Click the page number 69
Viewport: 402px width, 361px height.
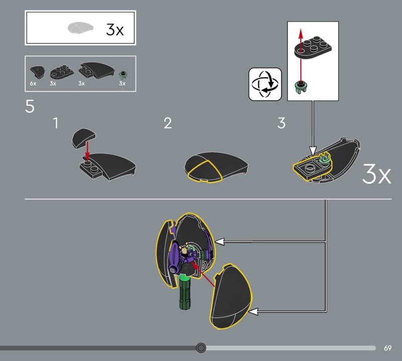pyautogui.click(x=387, y=348)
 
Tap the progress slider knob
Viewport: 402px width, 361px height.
pyautogui.click(x=200, y=347)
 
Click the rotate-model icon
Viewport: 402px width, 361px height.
pyautogui.click(x=265, y=84)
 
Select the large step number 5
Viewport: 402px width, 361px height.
pyautogui.click(x=30, y=106)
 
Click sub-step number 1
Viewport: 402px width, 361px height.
pyautogui.click(x=56, y=123)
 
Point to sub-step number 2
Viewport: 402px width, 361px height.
pyautogui.click(x=168, y=123)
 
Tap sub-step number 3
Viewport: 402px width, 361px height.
pyautogui.click(x=281, y=123)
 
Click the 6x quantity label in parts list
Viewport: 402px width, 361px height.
pyautogui.click(x=33, y=83)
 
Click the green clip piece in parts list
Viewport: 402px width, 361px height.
pyautogui.click(x=123, y=75)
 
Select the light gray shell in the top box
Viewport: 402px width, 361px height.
pyautogui.click(x=80, y=28)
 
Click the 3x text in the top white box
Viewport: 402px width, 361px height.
pyautogui.click(x=115, y=30)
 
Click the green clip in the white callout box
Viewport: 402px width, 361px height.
pyautogui.click(x=301, y=87)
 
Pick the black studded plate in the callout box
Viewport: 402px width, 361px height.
pyautogui.click(x=313, y=47)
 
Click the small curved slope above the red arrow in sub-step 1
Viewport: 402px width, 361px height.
pyautogui.click(x=84, y=138)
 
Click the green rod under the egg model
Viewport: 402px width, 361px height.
pyautogui.click(x=185, y=292)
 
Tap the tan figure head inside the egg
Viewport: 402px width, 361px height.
pyautogui.click(x=183, y=248)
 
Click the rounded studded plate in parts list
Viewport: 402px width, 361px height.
pyautogui.click(x=62, y=72)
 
